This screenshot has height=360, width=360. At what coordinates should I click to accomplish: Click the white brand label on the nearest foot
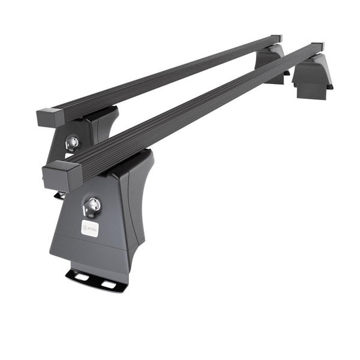coord(88,229)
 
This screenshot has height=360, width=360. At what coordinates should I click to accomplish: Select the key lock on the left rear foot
coord(72,142)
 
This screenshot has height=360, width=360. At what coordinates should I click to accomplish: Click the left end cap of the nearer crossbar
coord(61,175)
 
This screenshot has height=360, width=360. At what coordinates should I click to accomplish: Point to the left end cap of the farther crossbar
coord(46,116)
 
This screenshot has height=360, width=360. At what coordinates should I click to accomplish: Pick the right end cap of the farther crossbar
coord(275,38)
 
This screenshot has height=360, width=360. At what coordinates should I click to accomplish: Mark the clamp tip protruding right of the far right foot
coord(329,87)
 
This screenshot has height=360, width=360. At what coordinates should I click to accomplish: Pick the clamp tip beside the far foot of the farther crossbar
coord(287,73)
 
